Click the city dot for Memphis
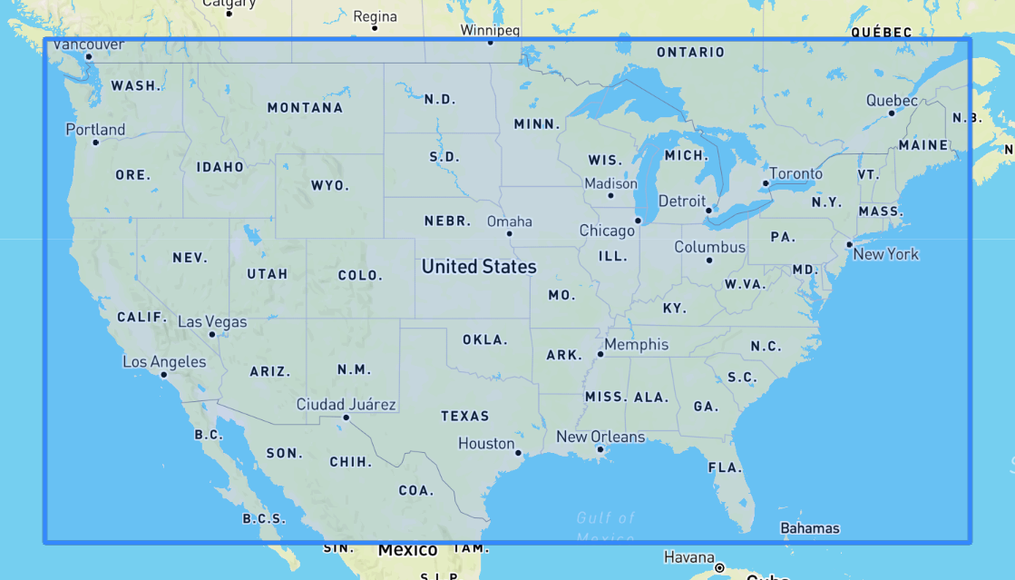pyautogui.click(x=600, y=354)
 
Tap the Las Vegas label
pyautogui.click(x=211, y=321)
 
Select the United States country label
pyautogui.click(x=479, y=267)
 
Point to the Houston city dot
pyautogui.click(x=518, y=453)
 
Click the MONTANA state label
pyautogui.click(x=305, y=108)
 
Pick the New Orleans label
pyautogui.click(x=600, y=437)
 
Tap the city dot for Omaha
pyautogui.click(x=510, y=233)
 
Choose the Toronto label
pyautogui.click(x=795, y=173)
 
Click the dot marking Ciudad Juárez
pyautogui.click(x=346, y=418)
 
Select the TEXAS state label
pyautogui.click(x=465, y=416)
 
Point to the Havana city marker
pyautogui.click(x=719, y=568)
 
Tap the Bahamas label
pyautogui.click(x=809, y=528)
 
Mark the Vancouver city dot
pyautogui.click(x=89, y=57)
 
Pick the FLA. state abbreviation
pyautogui.click(x=725, y=467)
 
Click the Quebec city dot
pyautogui.click(x=892, y=113)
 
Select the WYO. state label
pyautogui.click(x=329, y=185)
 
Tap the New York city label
pyautogui.click(x=886, y=254)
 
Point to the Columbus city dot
pyautogui.click(x=709, y=261)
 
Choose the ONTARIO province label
pyautogui.click(x=690, y=53)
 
